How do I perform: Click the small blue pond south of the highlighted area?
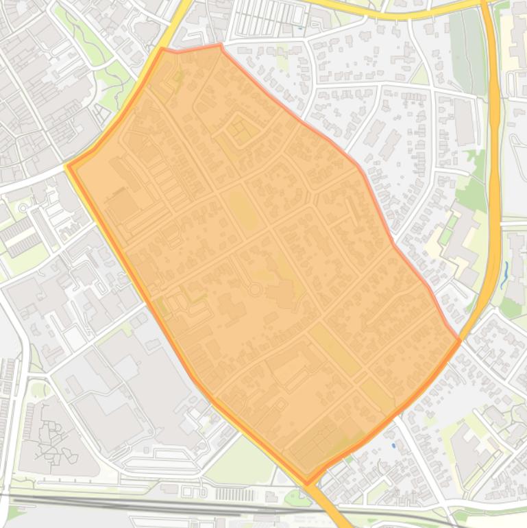click(x=393, y=446)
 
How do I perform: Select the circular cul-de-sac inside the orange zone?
click(x=254, y=289)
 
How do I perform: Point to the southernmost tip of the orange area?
click(x=306, y=483)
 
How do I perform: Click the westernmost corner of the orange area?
click(x=68, y=166)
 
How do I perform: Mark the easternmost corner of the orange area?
click(x=459, y=339)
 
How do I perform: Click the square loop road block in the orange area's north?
click(x=240, y=130)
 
